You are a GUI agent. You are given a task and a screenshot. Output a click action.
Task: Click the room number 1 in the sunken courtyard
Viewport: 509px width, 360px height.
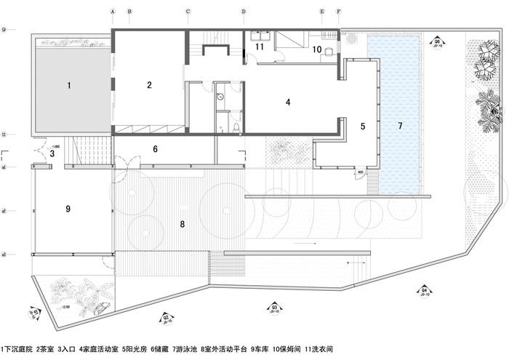[69, 86]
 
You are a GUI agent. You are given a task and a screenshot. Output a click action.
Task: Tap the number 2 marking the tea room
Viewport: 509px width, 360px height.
[149, 85]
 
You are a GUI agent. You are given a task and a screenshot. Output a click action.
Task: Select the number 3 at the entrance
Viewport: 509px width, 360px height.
[52, 153]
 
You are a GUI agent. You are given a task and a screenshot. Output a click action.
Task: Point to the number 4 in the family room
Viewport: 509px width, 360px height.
[288, 103]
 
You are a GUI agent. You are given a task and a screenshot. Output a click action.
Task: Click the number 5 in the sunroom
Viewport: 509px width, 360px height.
[361, 126]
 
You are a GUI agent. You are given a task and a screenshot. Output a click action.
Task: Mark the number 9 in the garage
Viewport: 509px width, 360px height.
[67, 209]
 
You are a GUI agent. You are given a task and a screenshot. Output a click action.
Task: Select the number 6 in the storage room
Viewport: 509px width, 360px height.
[155, 149]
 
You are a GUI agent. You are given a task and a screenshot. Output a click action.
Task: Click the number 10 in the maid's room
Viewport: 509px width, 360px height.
[317, 49]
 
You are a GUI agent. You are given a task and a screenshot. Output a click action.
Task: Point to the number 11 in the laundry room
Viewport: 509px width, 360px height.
[259, 47]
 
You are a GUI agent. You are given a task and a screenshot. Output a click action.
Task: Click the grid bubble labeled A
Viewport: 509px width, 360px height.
[113, 12]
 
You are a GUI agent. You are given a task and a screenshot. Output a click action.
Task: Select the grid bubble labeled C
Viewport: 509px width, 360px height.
[188, 12]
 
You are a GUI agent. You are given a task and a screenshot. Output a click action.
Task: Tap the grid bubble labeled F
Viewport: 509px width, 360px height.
[338, 12]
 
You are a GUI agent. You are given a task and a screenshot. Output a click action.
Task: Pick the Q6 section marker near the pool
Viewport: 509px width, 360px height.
[437, 42]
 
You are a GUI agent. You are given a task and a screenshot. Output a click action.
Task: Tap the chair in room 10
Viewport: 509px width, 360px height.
[329, 51]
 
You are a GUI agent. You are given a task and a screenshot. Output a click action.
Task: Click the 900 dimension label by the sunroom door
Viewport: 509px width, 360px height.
[361, 172]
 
